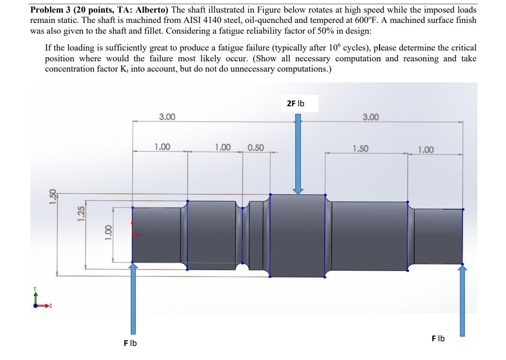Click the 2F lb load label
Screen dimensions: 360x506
295,103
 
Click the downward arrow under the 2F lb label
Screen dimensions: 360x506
298,154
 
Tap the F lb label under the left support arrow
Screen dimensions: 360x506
130,343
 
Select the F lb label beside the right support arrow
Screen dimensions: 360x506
438,338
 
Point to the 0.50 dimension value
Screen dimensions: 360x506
255,147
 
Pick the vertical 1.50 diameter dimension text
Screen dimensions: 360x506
52,195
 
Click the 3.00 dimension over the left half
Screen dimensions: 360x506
167,116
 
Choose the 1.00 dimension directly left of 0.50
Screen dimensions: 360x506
223,147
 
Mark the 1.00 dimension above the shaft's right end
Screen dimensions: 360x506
425,150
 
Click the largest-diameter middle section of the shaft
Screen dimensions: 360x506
298,234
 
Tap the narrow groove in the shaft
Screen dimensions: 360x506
243,234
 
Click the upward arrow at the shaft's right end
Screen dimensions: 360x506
462,300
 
